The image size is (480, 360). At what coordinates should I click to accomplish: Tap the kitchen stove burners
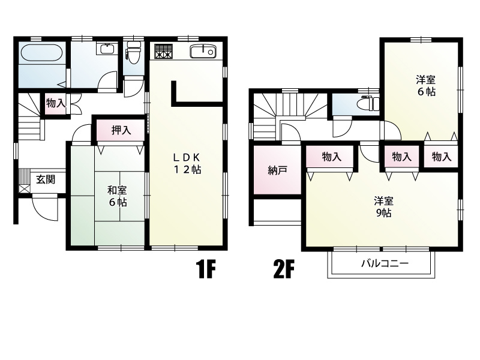[163, 51]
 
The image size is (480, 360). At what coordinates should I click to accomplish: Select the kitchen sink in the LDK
[203, 52]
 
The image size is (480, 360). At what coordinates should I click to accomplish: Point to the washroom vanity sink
[106, 49]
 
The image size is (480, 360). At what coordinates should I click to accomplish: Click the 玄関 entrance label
[46, 179]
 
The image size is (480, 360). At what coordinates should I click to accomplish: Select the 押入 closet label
[121, 130]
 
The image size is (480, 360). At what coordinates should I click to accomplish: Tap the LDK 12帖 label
[187, 163]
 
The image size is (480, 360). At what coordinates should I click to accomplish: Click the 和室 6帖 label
[117, 196]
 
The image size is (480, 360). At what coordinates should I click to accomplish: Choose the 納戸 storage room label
[277, 170]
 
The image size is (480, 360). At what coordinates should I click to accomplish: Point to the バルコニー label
[385, 263]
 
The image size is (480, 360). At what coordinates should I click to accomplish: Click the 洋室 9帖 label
[383, 207]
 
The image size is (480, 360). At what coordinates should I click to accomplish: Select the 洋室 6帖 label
[426, 86]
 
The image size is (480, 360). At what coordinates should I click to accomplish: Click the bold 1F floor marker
[206, 269]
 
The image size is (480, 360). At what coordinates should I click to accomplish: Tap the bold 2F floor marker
[284, 269]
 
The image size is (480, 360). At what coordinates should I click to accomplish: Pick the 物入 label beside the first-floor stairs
[56, 103]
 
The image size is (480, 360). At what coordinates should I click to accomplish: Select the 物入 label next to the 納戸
[332, 157]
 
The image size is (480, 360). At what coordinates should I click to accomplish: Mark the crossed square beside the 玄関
[25, 188]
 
